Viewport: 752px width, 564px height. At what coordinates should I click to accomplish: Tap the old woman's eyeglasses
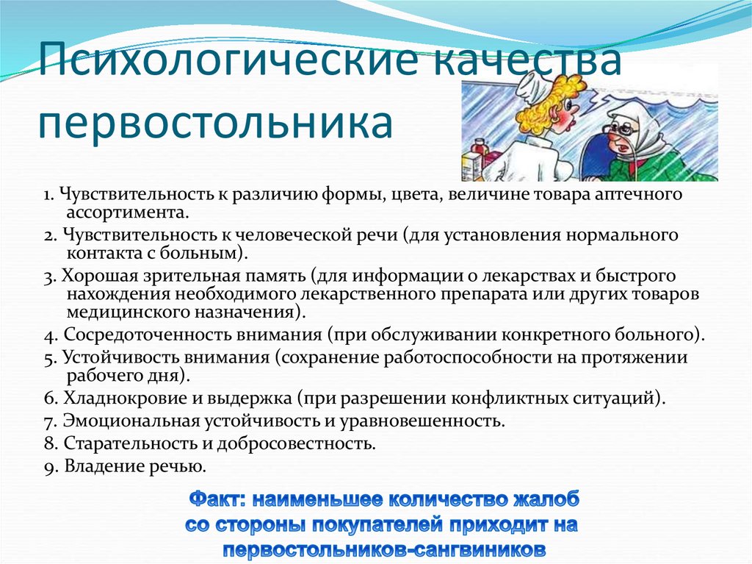[x=620, y=127]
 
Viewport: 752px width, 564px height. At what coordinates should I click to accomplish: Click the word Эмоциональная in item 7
[x=122, y=421]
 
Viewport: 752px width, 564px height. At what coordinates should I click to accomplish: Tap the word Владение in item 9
[x=99, y=465]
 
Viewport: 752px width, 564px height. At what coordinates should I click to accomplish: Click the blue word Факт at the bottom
[x=215, y=499]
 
